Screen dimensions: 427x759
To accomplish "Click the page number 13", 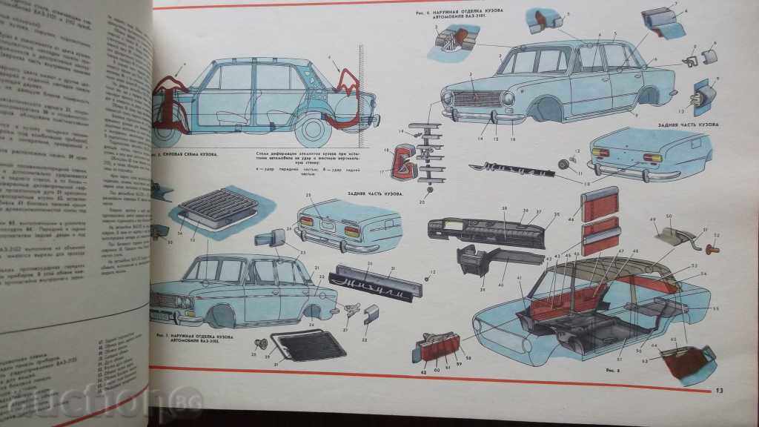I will point(718,391).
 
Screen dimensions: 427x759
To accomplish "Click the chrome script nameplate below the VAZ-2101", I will point(518,172).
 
